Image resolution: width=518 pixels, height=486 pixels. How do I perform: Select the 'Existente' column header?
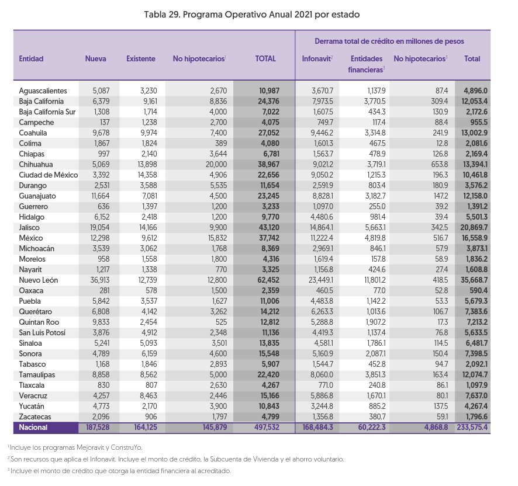point(141,59)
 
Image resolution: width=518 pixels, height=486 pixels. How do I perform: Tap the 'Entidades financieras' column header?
point(367,64)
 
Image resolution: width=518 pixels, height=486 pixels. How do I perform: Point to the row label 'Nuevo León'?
point(39,280)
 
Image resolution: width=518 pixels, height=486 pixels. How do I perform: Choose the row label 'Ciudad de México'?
point(48,175)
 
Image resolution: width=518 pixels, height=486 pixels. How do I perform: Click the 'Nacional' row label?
point(33,427)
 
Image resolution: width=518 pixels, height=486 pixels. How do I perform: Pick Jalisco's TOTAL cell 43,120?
point(268,227)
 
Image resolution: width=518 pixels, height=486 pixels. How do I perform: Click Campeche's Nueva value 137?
point(105,123)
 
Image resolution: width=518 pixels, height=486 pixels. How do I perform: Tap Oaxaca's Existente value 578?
point(151,290)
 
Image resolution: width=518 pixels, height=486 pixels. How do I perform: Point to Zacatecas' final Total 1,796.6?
point(476,416)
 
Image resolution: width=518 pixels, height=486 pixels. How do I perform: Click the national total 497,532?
point(267,427)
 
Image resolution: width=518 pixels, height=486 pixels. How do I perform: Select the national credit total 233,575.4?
point(472,427)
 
